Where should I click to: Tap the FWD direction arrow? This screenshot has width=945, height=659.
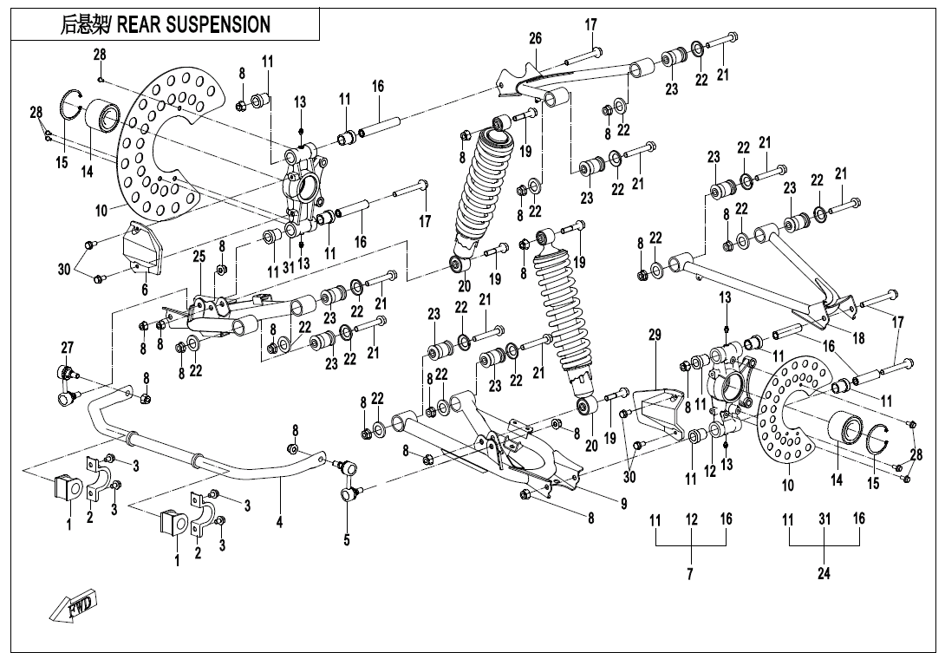74,606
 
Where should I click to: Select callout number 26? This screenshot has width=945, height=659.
535,38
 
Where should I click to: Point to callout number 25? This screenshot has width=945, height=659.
199,257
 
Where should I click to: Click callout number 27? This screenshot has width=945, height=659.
67,348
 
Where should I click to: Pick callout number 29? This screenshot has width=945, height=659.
655,334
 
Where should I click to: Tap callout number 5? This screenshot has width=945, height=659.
347,539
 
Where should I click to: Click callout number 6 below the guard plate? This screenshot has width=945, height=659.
145,289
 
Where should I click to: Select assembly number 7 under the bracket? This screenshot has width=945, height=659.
691,573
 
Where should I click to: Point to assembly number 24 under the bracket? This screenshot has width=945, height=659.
824,573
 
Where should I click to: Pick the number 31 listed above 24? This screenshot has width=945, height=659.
824,519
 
